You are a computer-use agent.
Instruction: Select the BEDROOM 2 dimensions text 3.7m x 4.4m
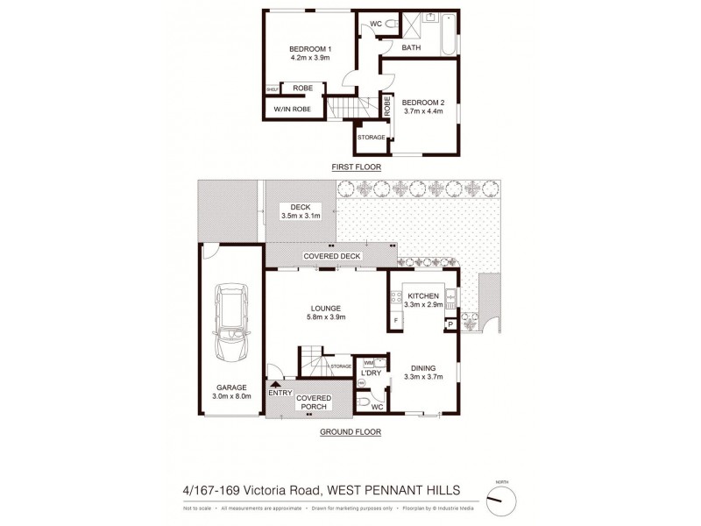pyautogui.click(x=422, y=111)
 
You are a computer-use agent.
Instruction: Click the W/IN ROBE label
pyautogui.click(x=291, y=109)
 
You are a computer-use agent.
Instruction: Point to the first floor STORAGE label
pyautogui.click(x=372, y=137)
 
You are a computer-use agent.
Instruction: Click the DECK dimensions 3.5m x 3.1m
pyautogui.click(x=301, y=216)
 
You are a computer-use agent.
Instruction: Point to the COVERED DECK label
pyautogui.click(x=327, y=255)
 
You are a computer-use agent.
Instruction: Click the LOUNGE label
pyautogui.click(x=324, y=308)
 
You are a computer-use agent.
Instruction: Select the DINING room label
pyautogui.click(x=422, y=367)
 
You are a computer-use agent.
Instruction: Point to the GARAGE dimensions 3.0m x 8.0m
pyautogui.click(x=232, y=396)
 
